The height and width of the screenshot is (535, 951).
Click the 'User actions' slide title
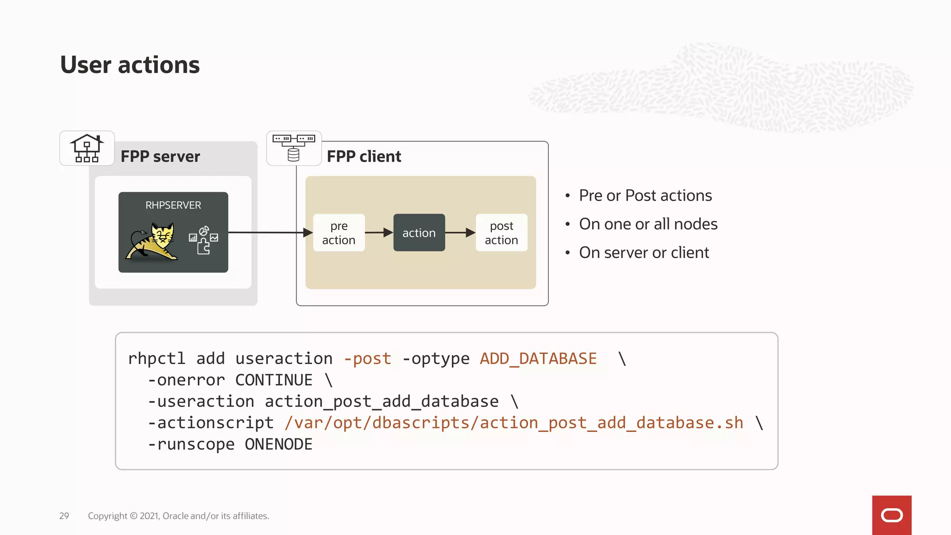[x=130, y=65]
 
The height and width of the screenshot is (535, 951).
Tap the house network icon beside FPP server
[x=87, y=148]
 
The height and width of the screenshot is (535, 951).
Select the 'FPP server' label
[x=160, y=157]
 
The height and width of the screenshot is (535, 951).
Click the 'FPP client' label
[x=364, y=157]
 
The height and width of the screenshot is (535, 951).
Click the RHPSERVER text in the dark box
[x=173, y=205]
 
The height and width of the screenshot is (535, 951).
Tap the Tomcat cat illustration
[x=152, y=241]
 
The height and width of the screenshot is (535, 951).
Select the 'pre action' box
[x=339, y=233]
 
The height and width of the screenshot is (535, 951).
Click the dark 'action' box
[x=419, y=233]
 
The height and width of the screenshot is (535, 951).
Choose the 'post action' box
[x=502, y=233]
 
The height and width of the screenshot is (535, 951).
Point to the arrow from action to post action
[x=460, y=233]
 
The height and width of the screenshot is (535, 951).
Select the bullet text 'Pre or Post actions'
[x=645, y=196]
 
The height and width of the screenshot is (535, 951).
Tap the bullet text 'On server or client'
[x=644, y=253]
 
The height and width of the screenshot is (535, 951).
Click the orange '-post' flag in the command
[x=367, y=359]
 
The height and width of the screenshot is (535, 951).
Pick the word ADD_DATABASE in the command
[x=538, y=359]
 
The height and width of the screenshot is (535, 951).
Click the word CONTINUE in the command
[x=274, y=380]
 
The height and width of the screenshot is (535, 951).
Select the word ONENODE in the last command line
[x=279, y=444]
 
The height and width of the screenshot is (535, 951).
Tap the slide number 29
[x=64, y=516]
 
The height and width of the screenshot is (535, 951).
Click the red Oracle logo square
[x=892, y=515]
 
